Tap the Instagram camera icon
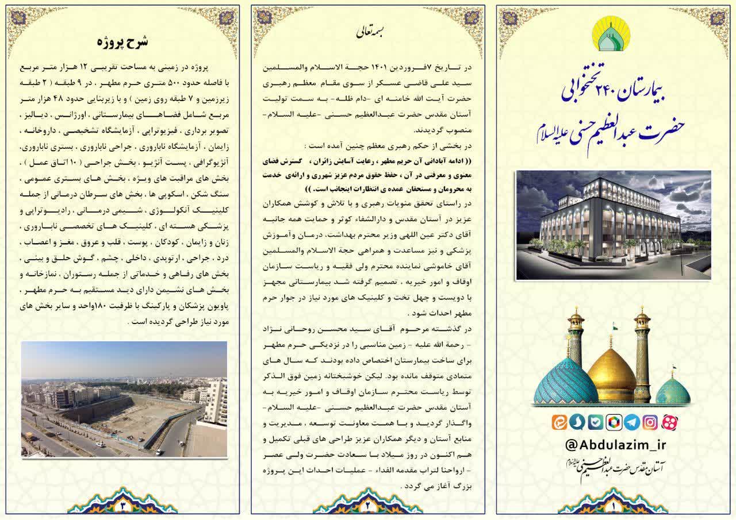(650, 422)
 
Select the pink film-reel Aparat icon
(669, 422)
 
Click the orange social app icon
(558, 422)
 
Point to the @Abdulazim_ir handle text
(614, 446)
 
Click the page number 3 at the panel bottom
(122, 506)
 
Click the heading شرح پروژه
(122, 42)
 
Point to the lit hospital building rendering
(613, 225)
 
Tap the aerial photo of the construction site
(124, 399)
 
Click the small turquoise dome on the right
(673, 392)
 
